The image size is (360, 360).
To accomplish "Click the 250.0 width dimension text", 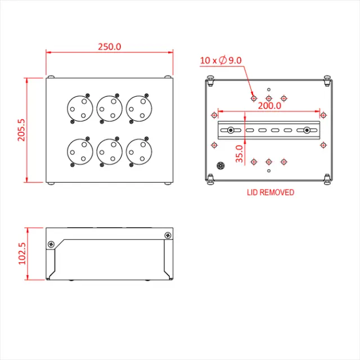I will coord(109,47).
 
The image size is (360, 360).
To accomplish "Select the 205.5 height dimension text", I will coord(22,130).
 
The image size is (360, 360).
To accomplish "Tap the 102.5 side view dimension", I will coord(22,254).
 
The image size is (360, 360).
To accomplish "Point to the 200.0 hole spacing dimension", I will coord(269,105).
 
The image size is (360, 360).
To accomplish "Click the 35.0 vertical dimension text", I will coord(239,154).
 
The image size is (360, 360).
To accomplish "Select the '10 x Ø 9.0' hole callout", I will coord(220,60).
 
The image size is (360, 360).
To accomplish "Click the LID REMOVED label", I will coord(270,192).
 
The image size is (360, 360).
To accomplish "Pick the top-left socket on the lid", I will coord(79,107).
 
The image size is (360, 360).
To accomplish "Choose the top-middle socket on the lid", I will coord(109,107).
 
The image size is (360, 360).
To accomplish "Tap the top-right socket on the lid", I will coord(139,107).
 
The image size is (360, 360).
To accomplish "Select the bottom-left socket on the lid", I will coord(79,152).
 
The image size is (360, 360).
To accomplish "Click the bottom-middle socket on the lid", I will coord(109,152).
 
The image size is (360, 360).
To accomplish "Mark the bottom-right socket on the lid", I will coord(139,152).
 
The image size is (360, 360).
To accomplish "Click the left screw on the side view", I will coord(51,245).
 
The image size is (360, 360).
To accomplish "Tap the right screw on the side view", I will coord(167,235).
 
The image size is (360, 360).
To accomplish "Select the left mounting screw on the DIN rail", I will coord(231,131).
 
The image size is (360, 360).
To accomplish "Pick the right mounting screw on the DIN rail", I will coord(307,131).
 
